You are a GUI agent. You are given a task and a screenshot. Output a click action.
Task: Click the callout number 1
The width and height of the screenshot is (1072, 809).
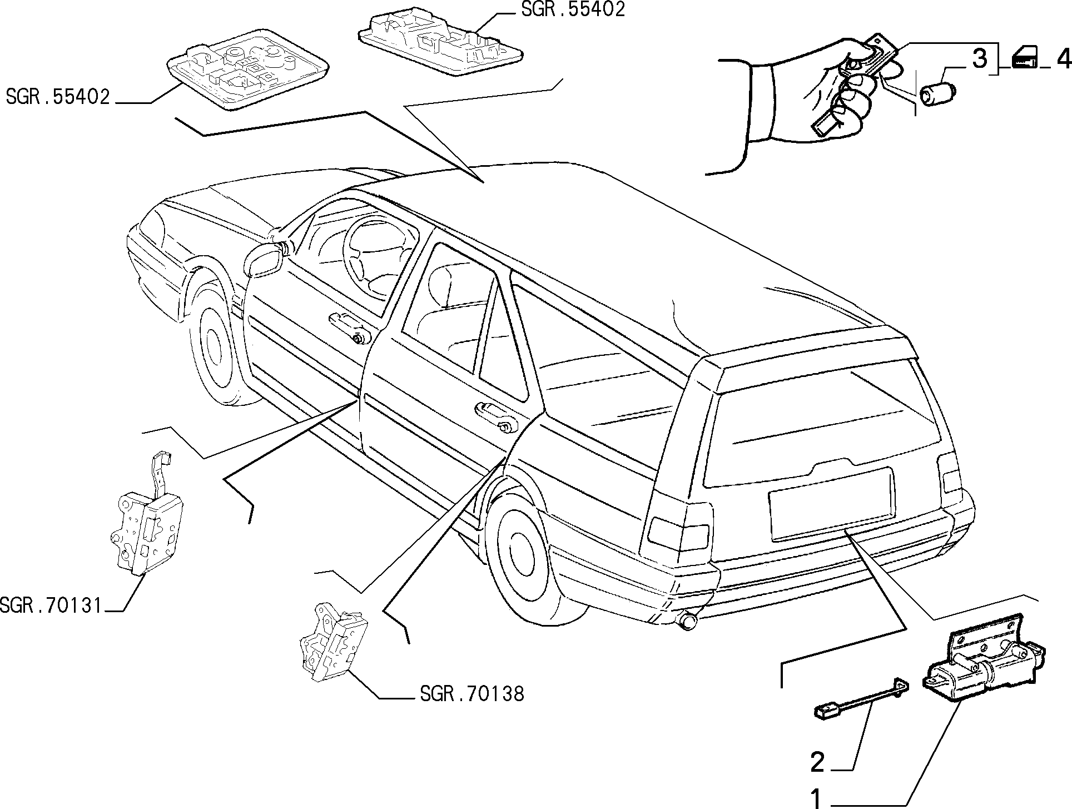(x=816, y=798)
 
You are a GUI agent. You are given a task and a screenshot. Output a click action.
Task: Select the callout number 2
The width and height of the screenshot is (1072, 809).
(x=817, y=762)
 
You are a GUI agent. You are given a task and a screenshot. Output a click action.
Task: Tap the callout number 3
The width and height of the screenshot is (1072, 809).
(x=979, y=58)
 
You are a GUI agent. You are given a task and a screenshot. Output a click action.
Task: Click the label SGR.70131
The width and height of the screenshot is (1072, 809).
(x=52, y=605)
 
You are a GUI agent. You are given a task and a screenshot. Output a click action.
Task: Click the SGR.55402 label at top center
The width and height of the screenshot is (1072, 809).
(x=573, y=9)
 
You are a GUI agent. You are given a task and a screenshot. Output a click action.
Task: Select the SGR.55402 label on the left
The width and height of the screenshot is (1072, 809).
(x=58, y=96)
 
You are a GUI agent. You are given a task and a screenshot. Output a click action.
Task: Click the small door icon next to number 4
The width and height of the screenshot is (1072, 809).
(x=1024, y=58)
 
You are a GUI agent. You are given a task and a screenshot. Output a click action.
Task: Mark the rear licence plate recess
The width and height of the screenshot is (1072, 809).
(x=831, y=503)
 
